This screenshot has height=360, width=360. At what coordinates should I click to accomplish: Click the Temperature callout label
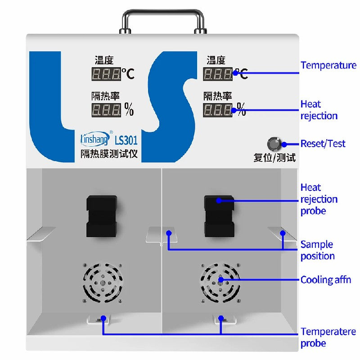328,65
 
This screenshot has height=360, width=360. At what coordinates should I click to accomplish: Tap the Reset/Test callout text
323,144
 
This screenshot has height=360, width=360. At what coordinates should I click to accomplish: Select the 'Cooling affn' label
325,279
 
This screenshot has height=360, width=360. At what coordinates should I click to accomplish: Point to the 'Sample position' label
317,250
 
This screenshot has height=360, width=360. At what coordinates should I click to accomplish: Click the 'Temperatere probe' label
328,337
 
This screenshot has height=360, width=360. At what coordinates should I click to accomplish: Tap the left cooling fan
103,282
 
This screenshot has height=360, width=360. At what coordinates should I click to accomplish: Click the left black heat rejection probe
102,216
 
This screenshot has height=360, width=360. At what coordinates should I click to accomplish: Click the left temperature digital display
106,74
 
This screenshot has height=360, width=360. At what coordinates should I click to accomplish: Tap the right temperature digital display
218,74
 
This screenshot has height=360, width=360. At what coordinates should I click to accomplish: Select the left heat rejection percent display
106,109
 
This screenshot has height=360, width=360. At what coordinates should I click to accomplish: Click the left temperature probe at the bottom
103,319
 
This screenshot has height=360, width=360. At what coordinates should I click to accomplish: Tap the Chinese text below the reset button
274,158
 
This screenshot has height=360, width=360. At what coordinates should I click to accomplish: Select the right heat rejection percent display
218,109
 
